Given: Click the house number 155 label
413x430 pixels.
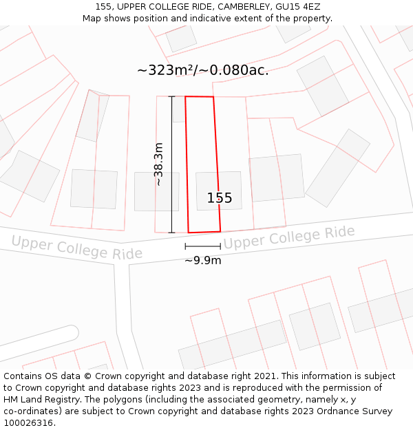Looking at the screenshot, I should pyautogui.click(x=220, y=198).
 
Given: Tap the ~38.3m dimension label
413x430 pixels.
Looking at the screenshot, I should pyautogui.click(x=159, y=164).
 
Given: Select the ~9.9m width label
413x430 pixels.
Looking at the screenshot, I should pyautogui.click(x=202, y=261).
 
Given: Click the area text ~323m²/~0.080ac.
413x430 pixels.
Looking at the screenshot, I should pyautogui.click(x=203, y=70).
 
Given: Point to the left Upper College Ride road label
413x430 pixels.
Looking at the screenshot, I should pyautogui.click(x=76, y=247).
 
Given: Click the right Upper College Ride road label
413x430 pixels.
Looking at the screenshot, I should pyautogui.click(x=288, y=237).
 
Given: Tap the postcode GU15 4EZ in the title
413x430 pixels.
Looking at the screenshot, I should pyautogui.click(x=299, y=7).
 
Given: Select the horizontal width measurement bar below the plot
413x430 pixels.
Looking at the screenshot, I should pyautogui.click(x=202, y=246).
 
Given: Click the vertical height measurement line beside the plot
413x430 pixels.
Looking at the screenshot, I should pyautogui.click(x=171, y=164).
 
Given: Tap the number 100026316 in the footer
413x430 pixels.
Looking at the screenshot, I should pyautogui.click(x=28, y=422).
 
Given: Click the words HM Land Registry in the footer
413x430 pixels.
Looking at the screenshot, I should pyautogui.click(x=44, y=399).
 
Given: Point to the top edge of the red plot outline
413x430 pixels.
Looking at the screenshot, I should pyautogui.click(x=199, y=97).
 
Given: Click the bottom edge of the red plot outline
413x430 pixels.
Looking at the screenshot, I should pyautogui.click(x=204, y=232).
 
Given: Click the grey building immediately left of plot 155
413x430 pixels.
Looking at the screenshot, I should pyautogui.click(x=156, y=191).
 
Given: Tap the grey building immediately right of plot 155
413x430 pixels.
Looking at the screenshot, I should pyautogui.click(x=276, y=178).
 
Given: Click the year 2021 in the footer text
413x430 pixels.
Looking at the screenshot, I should pyautogui.click(x=264, y=376).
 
